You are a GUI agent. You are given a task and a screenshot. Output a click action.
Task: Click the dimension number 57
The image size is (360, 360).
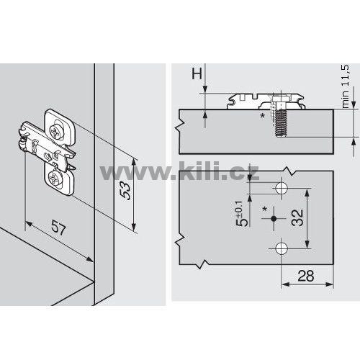click(x=58, y=227)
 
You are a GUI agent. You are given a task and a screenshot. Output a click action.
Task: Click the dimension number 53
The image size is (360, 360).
click(x=126, y=191)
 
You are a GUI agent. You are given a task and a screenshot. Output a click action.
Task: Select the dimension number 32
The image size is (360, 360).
click(x=297, y=217)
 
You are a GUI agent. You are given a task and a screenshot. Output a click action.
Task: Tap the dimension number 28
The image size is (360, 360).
click(x=306, y=276)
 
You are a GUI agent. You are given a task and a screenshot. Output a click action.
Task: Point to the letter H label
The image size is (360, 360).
click(x=197, y=73)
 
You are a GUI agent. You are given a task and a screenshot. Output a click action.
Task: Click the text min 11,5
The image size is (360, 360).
click(x=346, y=86)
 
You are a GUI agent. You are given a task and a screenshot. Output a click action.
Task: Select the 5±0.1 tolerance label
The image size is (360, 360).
click(x=242, y=213)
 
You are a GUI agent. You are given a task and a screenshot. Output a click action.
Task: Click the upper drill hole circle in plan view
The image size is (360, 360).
click(x=282, y=188)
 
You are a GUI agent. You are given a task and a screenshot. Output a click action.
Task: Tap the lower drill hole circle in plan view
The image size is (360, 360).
click(x=282, y=248)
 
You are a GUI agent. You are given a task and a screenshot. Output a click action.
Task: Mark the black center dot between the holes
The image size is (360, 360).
click(x=274, y=218)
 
